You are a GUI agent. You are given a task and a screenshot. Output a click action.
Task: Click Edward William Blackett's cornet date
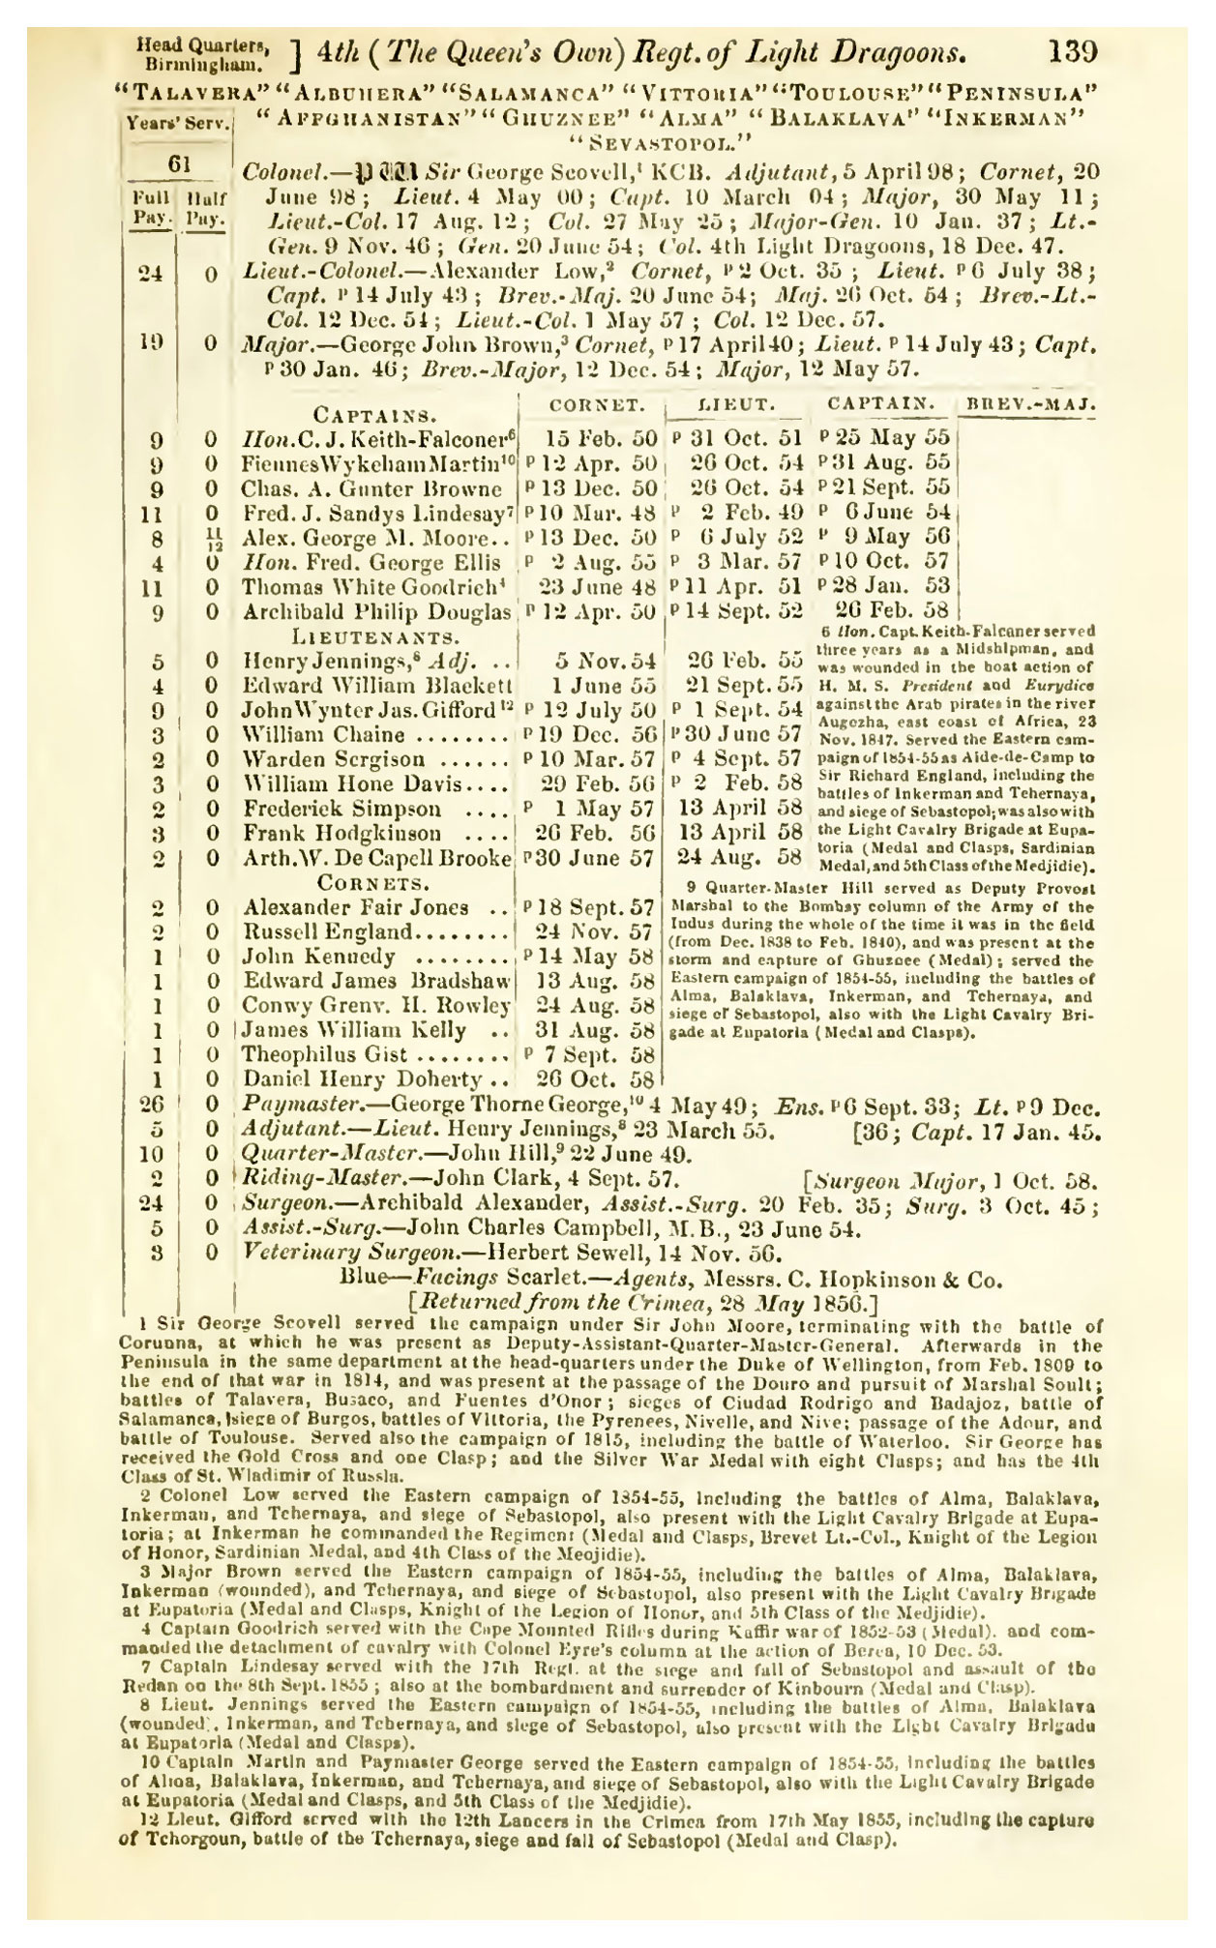(607, 686)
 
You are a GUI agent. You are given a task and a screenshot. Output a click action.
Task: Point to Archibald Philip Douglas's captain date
(892, 611)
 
